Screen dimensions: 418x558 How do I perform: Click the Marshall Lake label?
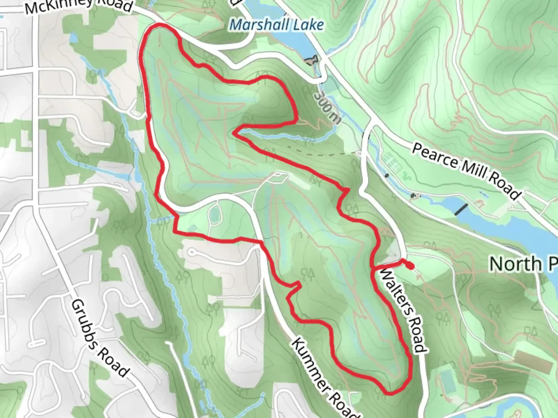[x=277, y=25]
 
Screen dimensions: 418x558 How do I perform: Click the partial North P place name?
[x=523, y=264]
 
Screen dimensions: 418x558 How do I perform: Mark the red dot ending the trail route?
[x=410, y=266]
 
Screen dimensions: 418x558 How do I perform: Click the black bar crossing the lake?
[x=461, y=209]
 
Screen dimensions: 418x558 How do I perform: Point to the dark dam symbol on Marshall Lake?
[x=312, y=60]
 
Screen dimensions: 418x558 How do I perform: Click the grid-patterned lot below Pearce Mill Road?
[x=392, y=162]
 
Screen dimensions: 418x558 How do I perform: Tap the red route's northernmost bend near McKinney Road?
[x=159, y=26]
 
